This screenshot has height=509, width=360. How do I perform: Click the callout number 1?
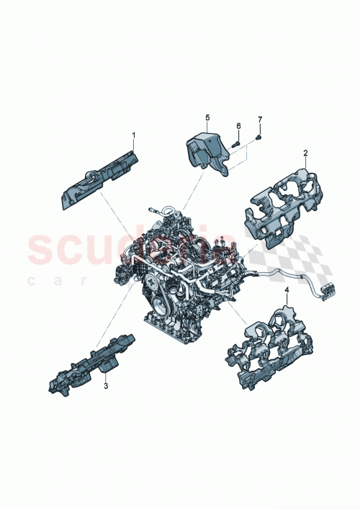(x=132, y=135)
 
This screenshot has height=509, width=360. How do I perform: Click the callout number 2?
(x=305, y=153)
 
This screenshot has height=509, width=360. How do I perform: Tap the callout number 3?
(x=106, y=387)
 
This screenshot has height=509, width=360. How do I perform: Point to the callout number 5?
(x=207, y=117)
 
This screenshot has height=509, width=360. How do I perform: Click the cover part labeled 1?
(x=101, y=176)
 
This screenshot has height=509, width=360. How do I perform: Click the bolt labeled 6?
(x=235, y=144)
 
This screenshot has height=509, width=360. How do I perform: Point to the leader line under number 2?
(x=305, y=163)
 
